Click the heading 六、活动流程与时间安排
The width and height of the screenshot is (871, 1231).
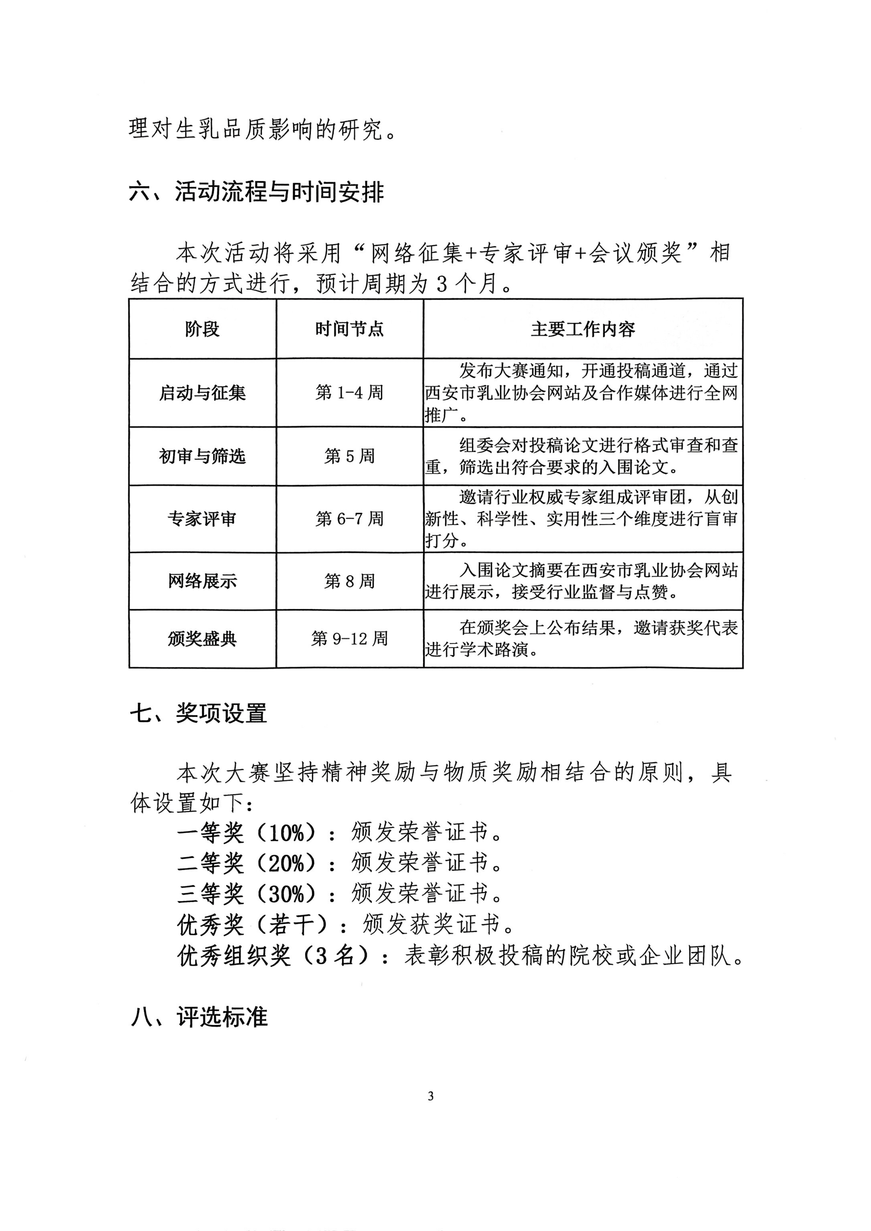coord(256,192)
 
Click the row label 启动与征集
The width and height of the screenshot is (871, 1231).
coord(202,393)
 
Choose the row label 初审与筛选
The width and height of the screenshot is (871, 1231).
coord(202,456)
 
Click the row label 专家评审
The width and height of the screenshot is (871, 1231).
coord(202,519)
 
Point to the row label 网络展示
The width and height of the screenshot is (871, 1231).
coord(202,581)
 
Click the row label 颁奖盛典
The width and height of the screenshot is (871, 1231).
coord(202,639)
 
